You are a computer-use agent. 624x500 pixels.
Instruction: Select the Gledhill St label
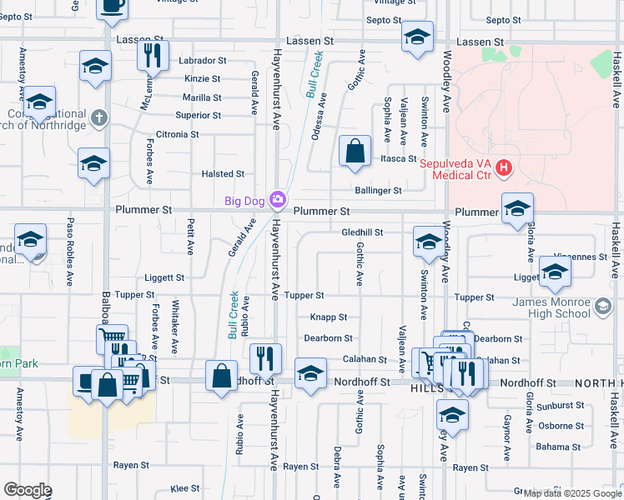point(362,232)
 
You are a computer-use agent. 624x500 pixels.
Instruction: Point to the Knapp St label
point(329,317)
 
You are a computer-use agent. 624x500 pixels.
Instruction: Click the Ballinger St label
point(378,191)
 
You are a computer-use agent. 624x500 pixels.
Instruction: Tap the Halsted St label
point(223,174)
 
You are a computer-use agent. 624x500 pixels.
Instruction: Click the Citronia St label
point(178,134)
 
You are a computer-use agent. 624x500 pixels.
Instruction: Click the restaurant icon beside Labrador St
point(152,55)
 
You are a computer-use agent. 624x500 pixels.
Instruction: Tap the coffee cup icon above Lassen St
point(112,5)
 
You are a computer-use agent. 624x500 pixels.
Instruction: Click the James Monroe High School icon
point(602,308)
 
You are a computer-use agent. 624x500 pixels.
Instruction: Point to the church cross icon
point(99,117)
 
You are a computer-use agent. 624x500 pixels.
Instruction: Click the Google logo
point(28,490)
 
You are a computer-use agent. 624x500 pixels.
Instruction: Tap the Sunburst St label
point(561,405)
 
